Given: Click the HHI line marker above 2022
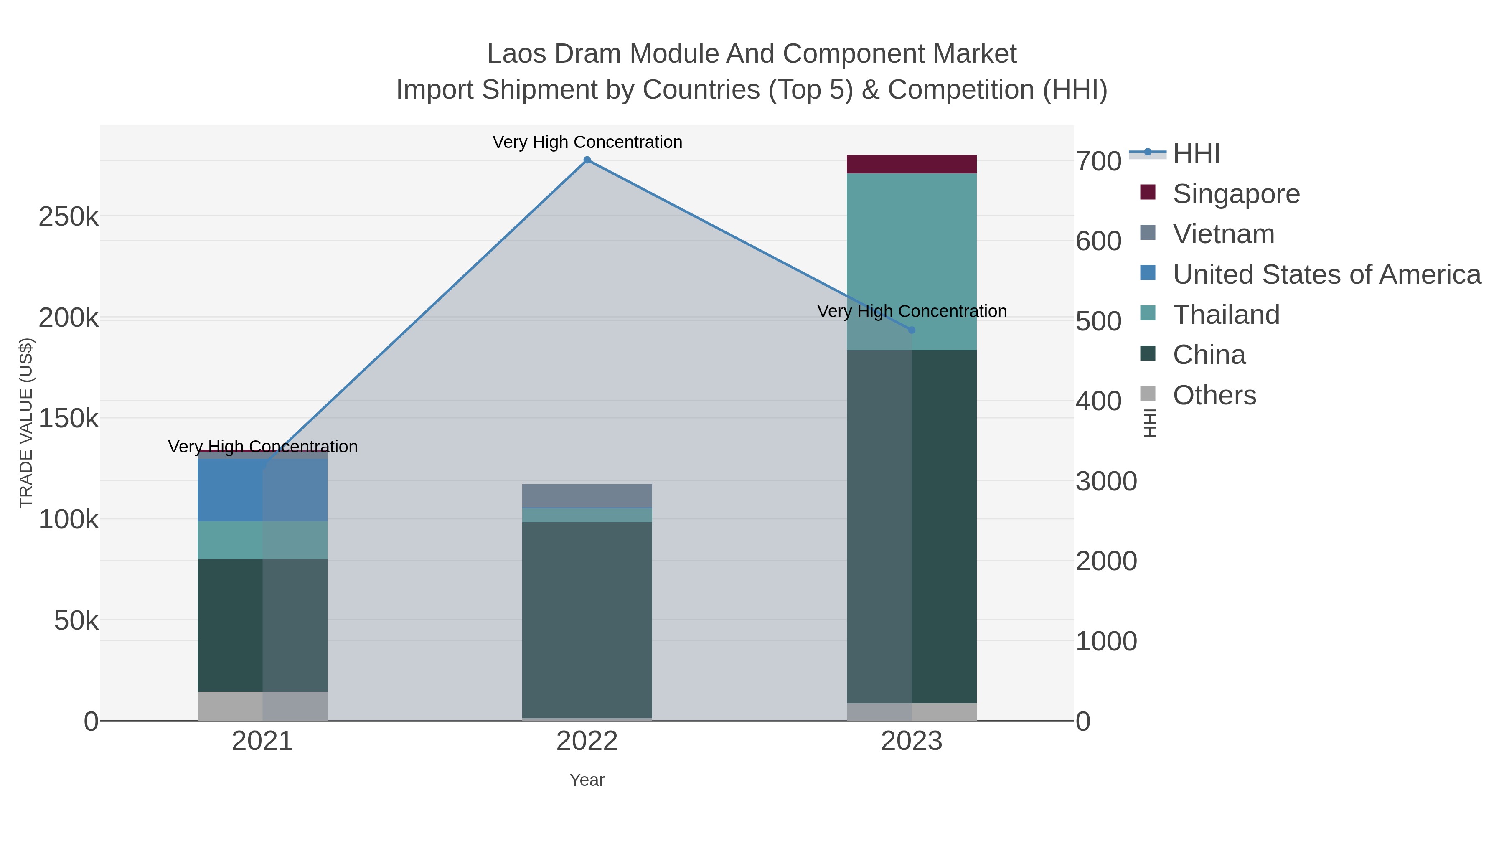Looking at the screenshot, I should [x=587, y=160].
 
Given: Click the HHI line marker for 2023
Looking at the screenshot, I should [x=912, y=330].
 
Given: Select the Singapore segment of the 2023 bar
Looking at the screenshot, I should [x=912, y=164].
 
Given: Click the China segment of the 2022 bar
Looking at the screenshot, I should [x=587, y=619].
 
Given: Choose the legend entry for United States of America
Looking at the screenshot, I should [x=1326, y=274].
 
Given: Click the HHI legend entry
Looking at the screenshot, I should [x=1196, y=154].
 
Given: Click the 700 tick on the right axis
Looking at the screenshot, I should [x=1098, y=161].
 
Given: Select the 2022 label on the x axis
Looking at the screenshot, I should [x=587, y=742].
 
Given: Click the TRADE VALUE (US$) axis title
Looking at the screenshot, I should [x=26, y=423].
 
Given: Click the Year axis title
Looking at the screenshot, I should [x=587, y=780].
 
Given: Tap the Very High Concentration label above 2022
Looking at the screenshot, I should [x=587, y=142].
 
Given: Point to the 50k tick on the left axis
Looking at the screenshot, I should [x=76, y=621].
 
